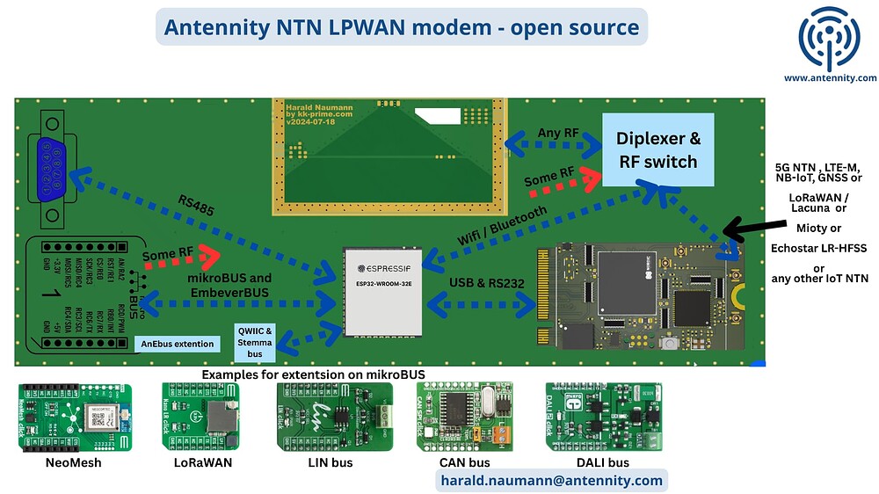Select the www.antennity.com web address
tap(830, 77)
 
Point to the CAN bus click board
tap(466, 417)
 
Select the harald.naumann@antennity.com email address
tap(550, 480)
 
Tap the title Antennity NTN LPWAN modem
tap(402, 27)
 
